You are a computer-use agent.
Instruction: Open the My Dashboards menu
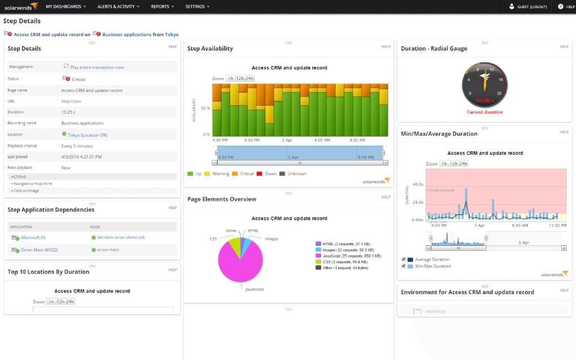(x=66, y=7)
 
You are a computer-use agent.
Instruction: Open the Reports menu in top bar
(x=162, y=7)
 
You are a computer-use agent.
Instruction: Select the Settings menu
(x=197, y=7)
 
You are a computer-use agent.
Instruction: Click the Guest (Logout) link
(x=531, y=7)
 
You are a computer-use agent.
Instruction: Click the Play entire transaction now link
(x=97, y=67)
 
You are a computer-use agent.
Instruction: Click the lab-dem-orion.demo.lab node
(x=120, y=237)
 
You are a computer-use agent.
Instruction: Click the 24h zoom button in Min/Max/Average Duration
(x=463, y=164)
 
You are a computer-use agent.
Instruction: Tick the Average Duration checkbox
(x=404, y=259)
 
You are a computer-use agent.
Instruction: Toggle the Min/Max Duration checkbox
(x=404, y=266)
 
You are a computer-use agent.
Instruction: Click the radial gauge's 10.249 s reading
(x=484, y=101)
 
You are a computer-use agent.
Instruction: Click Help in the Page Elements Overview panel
(x=386, y=197)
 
